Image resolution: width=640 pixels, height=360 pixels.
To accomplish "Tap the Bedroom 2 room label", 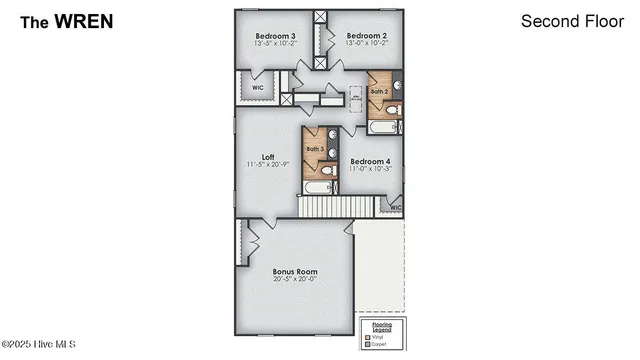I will tap(367, 35).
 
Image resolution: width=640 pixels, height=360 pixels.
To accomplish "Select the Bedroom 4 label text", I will tap(370, 161).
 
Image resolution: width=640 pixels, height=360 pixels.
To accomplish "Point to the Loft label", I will tap(268, 156).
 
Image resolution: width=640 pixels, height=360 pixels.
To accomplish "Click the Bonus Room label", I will tap(295, 271).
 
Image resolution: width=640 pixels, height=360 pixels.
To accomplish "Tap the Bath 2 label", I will tap(378, 91).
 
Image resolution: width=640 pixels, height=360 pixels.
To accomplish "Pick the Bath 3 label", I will tap(315, 149).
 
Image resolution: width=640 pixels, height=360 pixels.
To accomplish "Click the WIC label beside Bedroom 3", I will tap(257, 87).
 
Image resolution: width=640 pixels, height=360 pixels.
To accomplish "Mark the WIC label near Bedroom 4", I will tap(395, 208).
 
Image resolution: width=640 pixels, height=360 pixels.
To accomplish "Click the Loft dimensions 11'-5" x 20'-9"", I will tap(268, 164).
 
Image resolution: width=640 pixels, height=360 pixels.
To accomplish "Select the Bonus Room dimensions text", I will tap(295, 279).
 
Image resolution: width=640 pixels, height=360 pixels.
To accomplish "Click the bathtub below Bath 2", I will tap(385, 128).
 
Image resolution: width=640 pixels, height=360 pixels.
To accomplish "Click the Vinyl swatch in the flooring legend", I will tap(367, 338).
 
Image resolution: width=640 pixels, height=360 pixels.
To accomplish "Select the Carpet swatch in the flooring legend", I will tap(367, 345).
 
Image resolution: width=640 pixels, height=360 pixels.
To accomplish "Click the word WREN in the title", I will tap(85, 20).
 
